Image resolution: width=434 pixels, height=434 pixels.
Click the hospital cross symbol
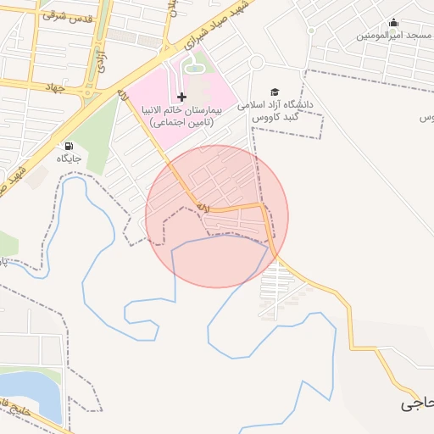click(x=181, y=97)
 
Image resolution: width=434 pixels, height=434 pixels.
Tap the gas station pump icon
click(x=68, y=145)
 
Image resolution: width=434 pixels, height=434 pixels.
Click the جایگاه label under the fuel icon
click(x=68, y=159)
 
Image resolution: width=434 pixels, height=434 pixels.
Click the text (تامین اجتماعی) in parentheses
click(x=182, y=124)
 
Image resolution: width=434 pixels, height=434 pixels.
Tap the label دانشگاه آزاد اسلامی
click(x=275, y=104)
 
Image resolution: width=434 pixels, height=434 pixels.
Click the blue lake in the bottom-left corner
click(x=30, y=393)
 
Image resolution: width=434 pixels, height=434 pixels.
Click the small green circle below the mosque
click(x=310, y=31)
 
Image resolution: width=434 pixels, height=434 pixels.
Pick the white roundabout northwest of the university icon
click(x=256, y=62)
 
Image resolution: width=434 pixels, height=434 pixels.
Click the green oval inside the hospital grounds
click(x=195, y=61)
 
